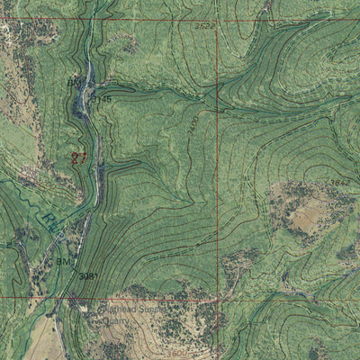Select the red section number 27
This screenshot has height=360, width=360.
click(78, 157)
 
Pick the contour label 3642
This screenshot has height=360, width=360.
click(339, 182)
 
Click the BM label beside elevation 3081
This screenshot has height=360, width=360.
click(64, 261)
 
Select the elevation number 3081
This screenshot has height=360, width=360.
click(87, 275)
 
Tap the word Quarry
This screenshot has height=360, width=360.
click(117, 320)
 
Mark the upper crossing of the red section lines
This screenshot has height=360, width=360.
click(218, 19)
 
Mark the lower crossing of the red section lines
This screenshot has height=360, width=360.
click(218, 299)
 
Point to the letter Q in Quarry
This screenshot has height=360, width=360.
click(105, 320)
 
